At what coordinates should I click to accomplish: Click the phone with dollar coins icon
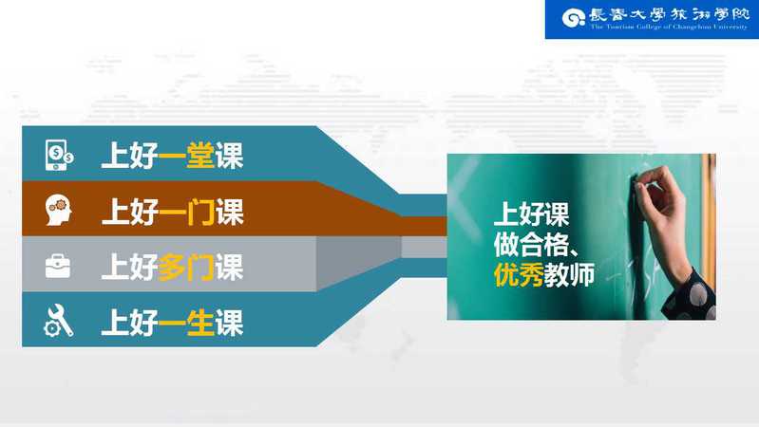(x=59, y=155)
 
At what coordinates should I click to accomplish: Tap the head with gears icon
(x=59, y=210)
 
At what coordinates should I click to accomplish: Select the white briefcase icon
(x=58, y=266)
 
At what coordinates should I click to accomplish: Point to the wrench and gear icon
(x=59, y=320)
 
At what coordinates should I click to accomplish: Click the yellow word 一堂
(x=186, y=156)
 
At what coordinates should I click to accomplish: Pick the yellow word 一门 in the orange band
(x=186, y=212)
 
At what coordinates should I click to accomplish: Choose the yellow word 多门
(x=186, y=267)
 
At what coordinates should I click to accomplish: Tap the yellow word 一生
(x=186, y=323)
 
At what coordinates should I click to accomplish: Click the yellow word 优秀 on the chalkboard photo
(x=519, y=274)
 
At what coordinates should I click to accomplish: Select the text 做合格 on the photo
(x=531, y=245)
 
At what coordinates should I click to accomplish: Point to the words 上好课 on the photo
(x=531, y=214)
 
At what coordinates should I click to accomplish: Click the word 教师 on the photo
(x=569, y=274)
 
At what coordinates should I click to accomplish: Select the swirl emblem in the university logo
(x=573, y=18)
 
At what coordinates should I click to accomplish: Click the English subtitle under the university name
(x=669, y=28)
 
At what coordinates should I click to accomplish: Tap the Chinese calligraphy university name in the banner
(x=669, y=14)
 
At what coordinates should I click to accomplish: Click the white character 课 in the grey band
(x=229, y=267)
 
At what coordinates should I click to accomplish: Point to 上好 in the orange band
(x=130, y=212)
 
